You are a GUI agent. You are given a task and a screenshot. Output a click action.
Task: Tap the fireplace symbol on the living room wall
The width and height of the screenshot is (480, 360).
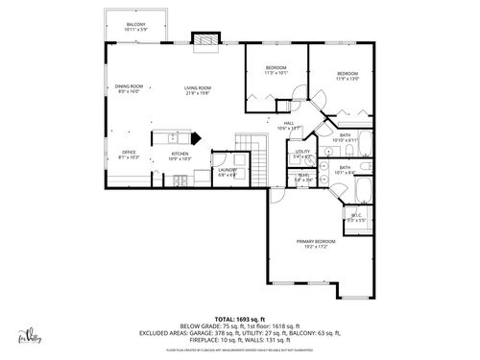click(204, 39)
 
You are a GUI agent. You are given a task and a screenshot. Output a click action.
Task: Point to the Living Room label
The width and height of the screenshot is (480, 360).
click(198, 90)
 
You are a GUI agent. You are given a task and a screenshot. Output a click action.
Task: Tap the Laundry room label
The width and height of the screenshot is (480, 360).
click(228, 172)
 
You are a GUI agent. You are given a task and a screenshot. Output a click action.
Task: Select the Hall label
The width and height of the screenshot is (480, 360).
click(289, 125)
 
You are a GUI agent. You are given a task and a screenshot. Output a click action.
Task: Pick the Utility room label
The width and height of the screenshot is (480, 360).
click(302, 154)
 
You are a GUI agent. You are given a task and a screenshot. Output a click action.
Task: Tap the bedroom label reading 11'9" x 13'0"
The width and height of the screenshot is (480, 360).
click(347, 76)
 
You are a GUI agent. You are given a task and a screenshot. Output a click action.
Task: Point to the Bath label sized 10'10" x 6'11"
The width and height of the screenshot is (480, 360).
click(345, 137)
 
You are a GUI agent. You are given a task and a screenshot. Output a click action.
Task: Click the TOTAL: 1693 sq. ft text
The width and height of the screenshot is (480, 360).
click(239, 318)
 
